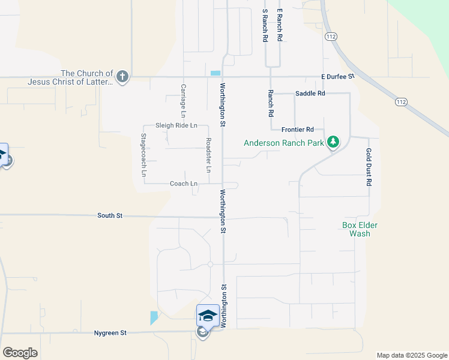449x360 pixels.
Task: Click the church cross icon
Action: coord(122,76)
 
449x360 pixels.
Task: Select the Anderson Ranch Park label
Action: coord(284,143)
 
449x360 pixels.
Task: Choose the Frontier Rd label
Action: coord(298,129)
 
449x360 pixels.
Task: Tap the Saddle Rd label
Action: coord(310,94)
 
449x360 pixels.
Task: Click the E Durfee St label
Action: coord(338,77)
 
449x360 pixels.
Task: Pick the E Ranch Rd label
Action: coord(279,25)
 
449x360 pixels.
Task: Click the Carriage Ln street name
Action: coord(183,100)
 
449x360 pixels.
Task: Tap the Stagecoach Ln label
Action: coord(143,155)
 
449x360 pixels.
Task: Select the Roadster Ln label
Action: coord(208,156)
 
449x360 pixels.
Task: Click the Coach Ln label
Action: coord(184,184)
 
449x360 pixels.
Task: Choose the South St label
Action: coord(110,215)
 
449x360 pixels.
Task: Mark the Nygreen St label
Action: coord(110,332)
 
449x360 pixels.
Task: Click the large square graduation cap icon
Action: coord(208,315)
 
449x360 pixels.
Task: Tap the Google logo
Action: coord(20,353)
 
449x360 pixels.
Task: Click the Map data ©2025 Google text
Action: coord(411,355)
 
